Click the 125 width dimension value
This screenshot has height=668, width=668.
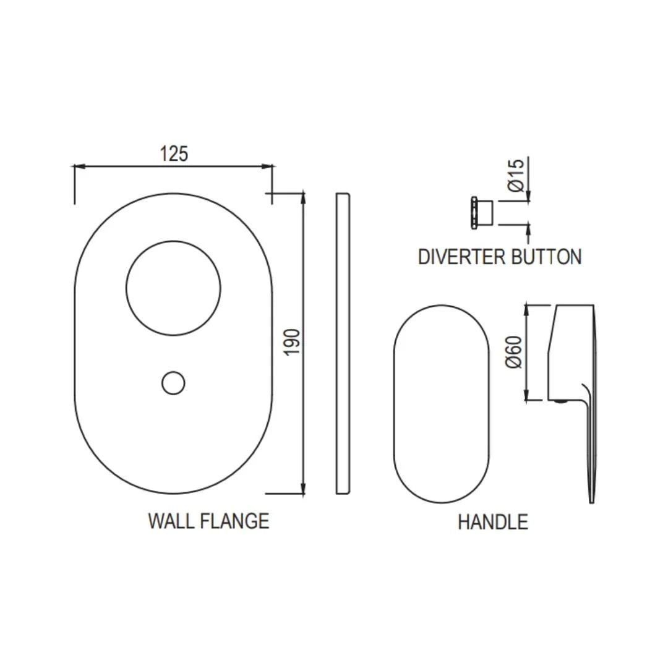(174, 153)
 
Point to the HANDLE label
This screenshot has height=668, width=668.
(492, 522)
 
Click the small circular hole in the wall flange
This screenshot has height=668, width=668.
(173, 383)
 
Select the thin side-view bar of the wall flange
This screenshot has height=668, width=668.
(343, 343)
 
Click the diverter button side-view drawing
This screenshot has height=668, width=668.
(481, 212)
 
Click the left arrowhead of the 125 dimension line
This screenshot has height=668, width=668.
(78, 166)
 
